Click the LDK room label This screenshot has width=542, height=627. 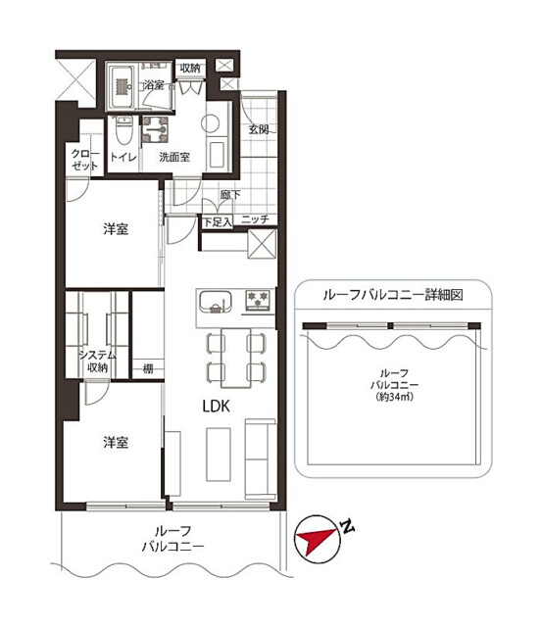216,407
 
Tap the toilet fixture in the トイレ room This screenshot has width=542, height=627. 123,130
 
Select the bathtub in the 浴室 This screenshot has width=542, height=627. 122,87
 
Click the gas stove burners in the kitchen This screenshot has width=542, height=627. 258,301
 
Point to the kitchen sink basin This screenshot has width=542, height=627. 216,301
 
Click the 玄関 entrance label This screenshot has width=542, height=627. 259,129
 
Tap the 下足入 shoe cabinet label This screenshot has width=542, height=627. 218,222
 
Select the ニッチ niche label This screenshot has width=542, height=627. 255,219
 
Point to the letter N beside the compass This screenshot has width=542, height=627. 348,526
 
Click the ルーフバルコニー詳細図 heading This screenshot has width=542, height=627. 393,295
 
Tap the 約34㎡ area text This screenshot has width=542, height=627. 394,398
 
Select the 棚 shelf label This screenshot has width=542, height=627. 148,368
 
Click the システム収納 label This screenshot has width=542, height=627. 97,362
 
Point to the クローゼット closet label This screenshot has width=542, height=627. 85,160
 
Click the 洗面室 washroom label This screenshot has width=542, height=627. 174,157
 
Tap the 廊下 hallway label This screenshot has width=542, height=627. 230,195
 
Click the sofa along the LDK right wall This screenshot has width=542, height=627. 261,459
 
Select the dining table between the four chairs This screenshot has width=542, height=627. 236,358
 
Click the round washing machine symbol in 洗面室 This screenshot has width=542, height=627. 210,123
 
